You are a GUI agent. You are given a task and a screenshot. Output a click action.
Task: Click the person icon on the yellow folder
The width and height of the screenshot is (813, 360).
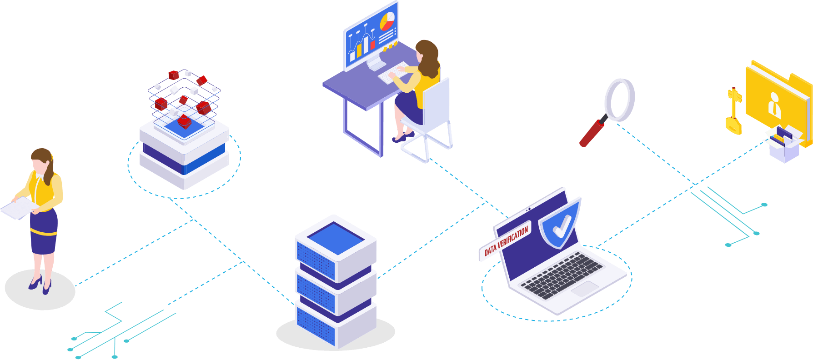[774, 106]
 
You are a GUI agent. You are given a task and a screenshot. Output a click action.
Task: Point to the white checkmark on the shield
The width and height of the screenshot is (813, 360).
[561, 225]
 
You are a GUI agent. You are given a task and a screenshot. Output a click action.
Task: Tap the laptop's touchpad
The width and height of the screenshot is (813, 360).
[585, 288]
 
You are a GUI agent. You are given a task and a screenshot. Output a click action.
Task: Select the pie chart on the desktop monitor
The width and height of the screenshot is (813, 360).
[387, 21]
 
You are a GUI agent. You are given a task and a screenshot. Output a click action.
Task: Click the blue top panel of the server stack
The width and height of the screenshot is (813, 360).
[336, 237]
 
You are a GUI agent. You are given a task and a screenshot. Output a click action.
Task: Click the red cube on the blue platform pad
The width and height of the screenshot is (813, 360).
[184, 121]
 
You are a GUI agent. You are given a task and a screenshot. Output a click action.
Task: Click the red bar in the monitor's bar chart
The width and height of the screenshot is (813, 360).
[372, 45]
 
